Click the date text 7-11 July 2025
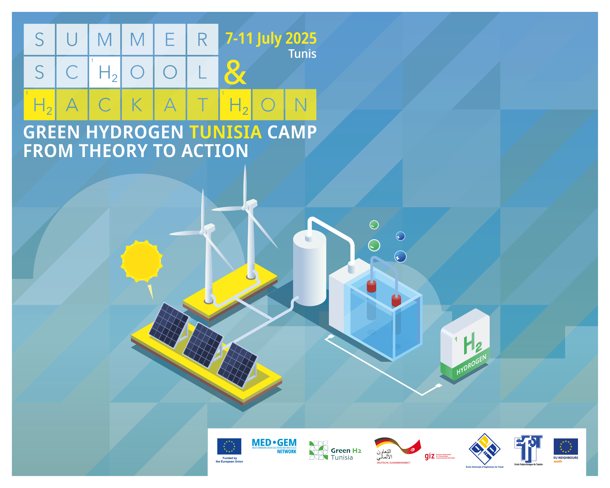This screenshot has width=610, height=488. pos(271,38)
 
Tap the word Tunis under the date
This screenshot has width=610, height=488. pos(302,54)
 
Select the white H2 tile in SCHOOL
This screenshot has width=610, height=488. pos(105,72)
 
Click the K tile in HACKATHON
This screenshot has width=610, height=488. pos(137,105)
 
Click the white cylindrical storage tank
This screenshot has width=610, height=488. pos(309,272)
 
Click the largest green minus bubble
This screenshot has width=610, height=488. pos(374,245)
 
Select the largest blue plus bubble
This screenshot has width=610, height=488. pos(400,257)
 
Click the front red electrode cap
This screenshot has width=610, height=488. pos(396,301)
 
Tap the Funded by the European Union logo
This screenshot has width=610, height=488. pos(229,450)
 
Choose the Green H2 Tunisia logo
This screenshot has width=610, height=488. pos(335,450)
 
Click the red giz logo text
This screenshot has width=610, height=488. pos(430,456)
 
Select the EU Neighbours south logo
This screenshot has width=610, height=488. pos(566,450)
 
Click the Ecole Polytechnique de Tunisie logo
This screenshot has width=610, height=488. pos(528,450)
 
